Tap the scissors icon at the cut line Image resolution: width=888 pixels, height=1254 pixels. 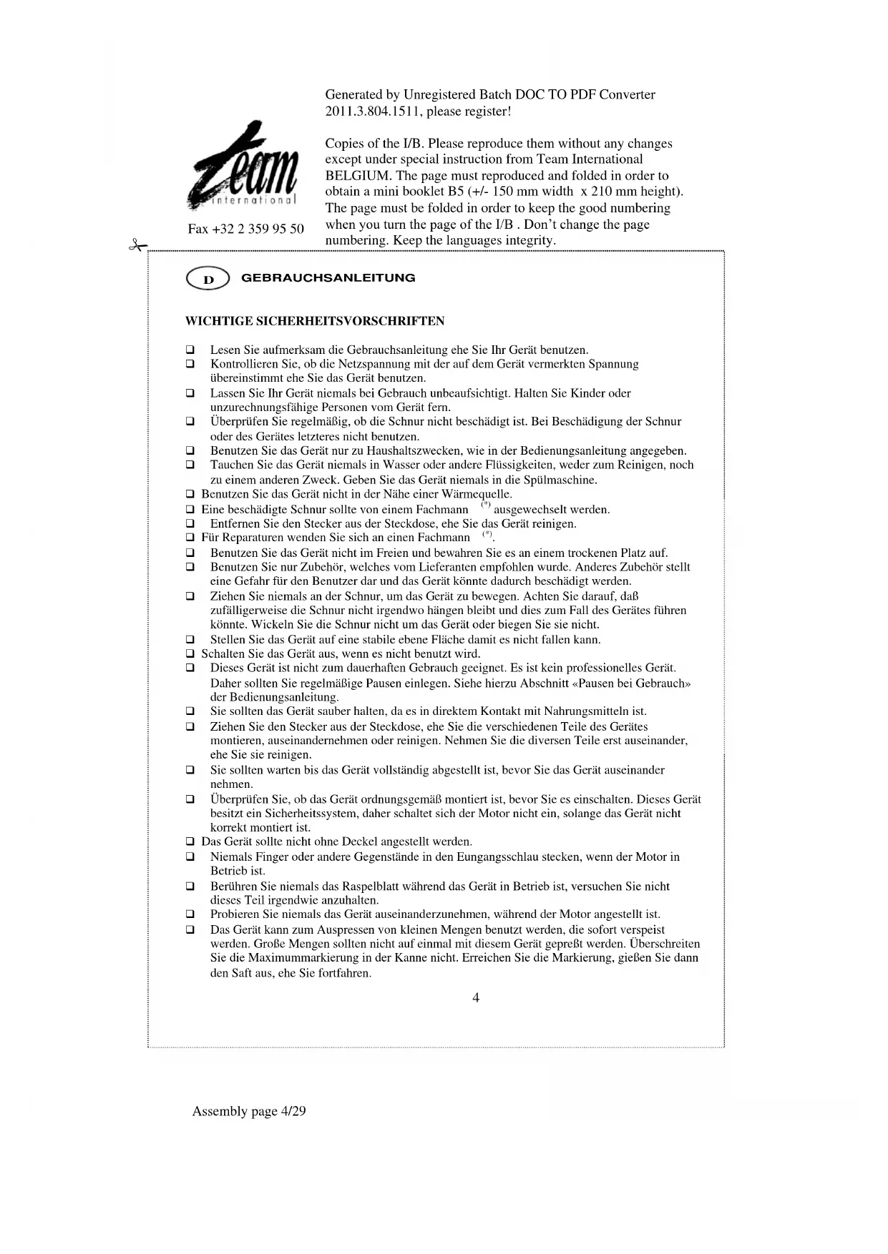(x=136, y=246)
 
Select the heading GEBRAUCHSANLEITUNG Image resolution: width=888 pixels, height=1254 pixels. (x=328, y=278)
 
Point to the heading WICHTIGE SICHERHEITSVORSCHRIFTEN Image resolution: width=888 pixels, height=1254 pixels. (x=315, y=321)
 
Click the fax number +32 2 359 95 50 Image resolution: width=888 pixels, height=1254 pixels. (x=245, y=229)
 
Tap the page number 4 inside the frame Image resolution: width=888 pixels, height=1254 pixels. (x=476, y=998)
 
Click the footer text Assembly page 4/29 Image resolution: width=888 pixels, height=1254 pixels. (x=249, y=1111)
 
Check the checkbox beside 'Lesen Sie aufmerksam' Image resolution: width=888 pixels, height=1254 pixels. (x=190, y=350)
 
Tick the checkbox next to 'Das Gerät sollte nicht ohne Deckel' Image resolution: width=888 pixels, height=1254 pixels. (x=190, y=842)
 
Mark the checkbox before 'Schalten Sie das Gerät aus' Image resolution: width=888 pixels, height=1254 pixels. (x=190, y=654)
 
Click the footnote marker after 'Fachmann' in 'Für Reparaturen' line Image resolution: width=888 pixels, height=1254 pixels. (x=487, y=534)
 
